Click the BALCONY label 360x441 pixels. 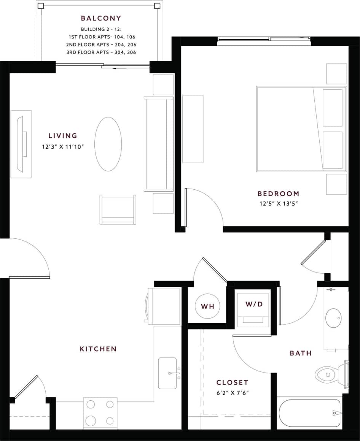(x=101, y=18)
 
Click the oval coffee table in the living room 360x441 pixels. (x=108, y=144)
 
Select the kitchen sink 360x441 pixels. (x=168, y=373)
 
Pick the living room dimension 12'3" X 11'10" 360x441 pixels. (x=63, y=146)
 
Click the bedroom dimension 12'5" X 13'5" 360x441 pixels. (x=278, y=203)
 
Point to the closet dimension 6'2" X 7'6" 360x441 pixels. (x=233, y=393)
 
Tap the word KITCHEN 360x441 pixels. (x=98, y=349)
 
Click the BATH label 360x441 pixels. (x=301, y=353)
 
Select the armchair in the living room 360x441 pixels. (x=118, y=209)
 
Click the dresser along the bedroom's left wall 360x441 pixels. (x=193, y=129)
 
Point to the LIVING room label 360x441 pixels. (x=63, y=135)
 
